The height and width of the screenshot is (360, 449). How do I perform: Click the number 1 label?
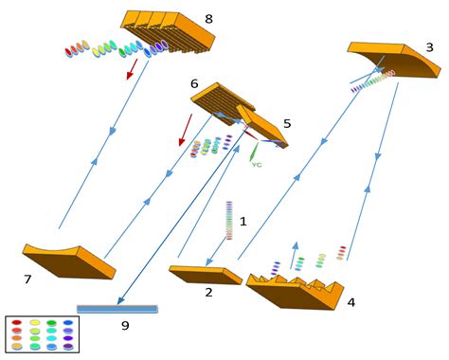[243, 221]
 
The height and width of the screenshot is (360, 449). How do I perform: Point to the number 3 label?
[429, 46]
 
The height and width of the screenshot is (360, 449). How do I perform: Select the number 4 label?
[350, 303]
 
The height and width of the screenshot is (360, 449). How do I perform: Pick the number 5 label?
[287, 123]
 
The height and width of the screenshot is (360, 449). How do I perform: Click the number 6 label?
[194, 84]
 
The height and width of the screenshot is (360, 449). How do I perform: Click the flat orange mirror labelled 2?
[204, 275]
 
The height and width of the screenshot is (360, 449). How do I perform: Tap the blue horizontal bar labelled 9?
[117, 309]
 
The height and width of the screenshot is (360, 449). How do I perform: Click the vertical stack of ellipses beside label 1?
[227, 221]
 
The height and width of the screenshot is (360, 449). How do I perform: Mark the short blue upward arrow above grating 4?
[295, 253]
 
